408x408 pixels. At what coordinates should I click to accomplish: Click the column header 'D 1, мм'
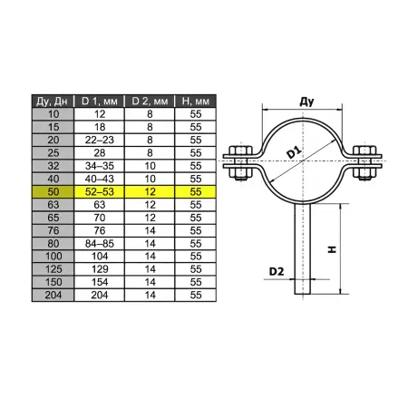click(99, 101)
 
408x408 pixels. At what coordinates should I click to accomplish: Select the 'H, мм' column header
click(196, 101)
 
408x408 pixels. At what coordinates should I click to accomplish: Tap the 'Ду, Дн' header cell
click(53, 101)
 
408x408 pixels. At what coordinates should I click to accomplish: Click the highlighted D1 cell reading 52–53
click(99, 192)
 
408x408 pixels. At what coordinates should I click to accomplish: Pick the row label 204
click(53, 295)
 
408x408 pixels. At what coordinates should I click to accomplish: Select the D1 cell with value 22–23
click(99, 140)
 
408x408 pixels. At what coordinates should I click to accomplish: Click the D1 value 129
click(99, 269)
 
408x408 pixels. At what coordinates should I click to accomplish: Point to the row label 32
click(53, 166)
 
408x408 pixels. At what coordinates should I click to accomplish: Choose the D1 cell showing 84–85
click(99, 243)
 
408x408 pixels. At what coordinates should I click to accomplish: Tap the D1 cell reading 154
click(99, 282)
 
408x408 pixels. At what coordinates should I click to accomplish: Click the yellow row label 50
click(53, 192)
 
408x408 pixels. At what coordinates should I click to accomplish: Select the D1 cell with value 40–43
click(99, 179)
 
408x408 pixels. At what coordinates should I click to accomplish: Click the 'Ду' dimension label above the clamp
click(306, 102)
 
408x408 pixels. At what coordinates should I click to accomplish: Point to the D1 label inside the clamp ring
click(294, 152)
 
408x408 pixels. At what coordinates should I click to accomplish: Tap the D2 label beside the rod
click(277, 271)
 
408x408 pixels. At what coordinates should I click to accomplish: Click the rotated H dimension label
click(332, 249)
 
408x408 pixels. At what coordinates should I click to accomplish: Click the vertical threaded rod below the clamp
click(303, 248)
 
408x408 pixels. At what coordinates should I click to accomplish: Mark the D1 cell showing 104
click(99, 257)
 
